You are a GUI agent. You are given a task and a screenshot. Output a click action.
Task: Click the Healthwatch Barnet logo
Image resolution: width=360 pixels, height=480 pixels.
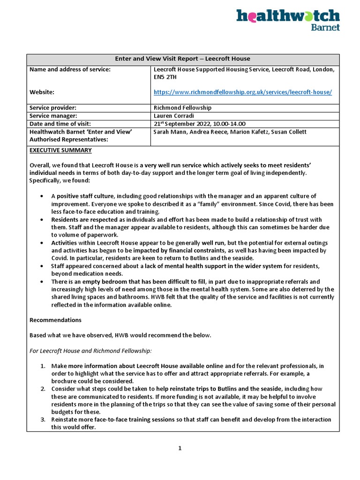[x=288, y=20]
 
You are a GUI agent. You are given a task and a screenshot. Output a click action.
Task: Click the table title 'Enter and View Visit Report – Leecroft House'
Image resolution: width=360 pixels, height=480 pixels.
[x=182, y=59]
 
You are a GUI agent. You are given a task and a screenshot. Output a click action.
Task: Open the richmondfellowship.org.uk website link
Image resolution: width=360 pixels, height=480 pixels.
[x=242, y=92]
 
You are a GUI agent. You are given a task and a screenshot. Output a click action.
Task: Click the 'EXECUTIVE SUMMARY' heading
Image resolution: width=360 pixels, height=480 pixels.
[x=61, y=150]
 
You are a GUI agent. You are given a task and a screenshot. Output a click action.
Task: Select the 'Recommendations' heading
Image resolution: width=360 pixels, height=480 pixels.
[x=55, y=320]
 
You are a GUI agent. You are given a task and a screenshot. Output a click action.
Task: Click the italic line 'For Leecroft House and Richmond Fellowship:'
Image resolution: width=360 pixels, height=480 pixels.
[x=91, y=350]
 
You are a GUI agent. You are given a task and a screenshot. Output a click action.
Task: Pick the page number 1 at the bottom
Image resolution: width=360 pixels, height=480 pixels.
[x=180, y=448]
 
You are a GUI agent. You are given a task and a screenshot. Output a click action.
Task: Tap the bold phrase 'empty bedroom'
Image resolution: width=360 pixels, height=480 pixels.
[x=97, y=282]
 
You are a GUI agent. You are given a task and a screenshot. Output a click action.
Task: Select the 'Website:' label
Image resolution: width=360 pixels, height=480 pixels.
[x=42, y=92]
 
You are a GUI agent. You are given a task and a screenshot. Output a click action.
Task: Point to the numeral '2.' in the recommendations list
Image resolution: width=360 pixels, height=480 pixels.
[x=42, y=389]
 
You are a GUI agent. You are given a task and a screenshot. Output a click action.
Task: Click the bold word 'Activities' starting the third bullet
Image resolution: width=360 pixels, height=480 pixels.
[x=67, y=243]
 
